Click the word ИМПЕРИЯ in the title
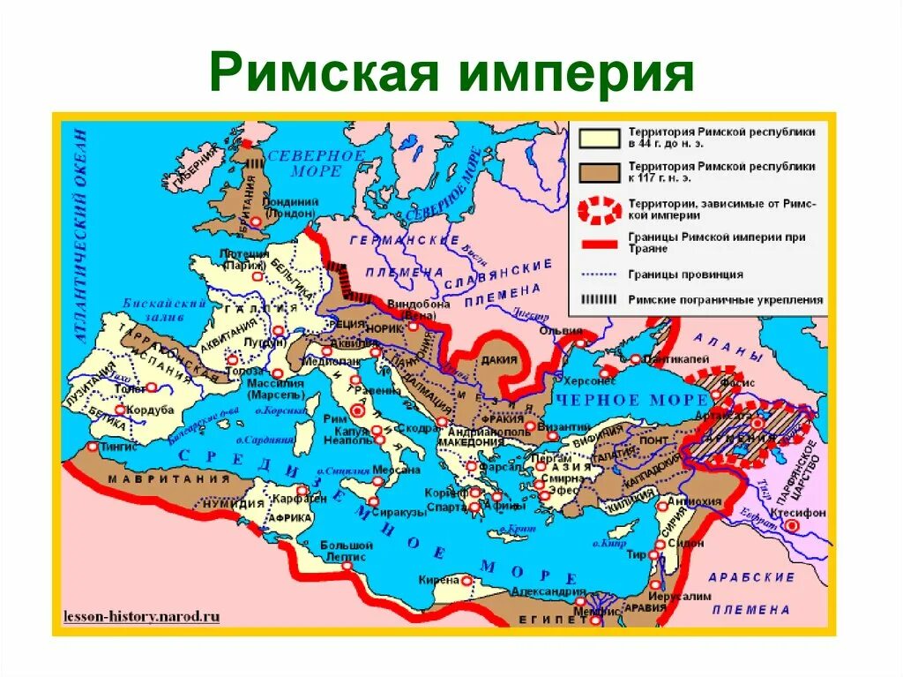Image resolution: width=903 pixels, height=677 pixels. tap(577, 74)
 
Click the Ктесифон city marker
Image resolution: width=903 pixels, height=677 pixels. tap(793, 524)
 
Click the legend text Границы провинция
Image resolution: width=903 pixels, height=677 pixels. tap(685, 275)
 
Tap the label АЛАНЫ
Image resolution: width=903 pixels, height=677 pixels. tap(728, 347)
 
